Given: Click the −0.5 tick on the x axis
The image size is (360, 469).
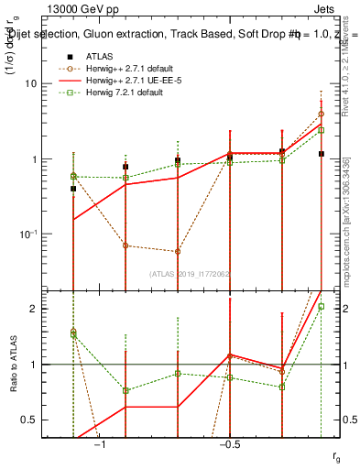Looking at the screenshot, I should (229, 444).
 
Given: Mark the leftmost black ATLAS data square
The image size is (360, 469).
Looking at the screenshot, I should (73, 189).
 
